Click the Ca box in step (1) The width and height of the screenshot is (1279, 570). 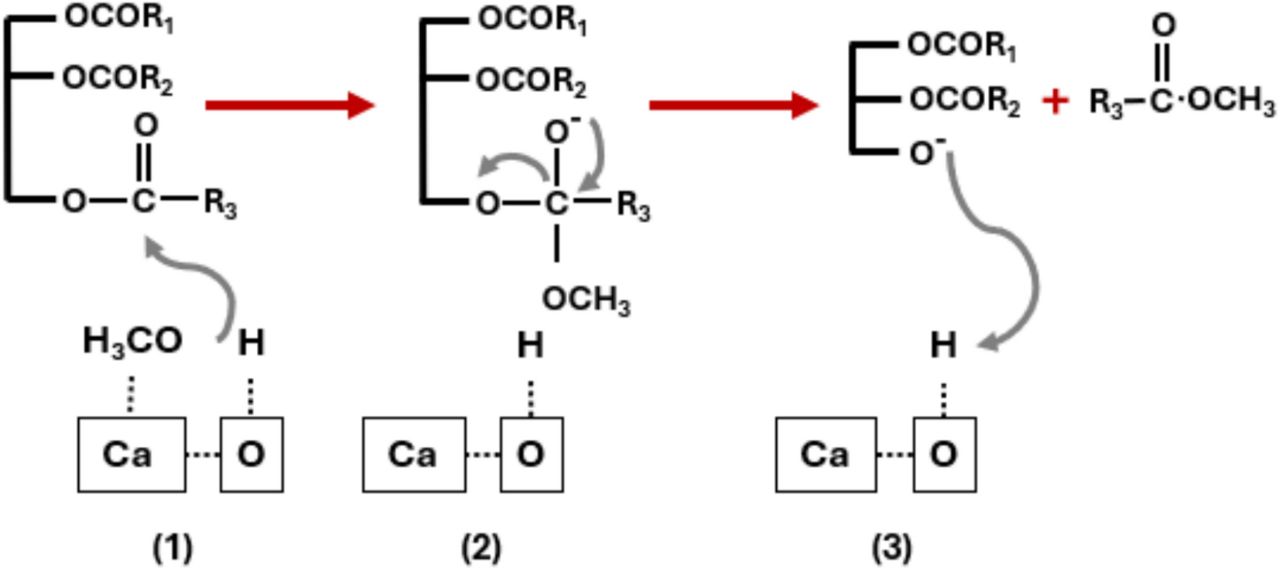click(x=132, y=454)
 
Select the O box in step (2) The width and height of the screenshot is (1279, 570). click(x=531, y=454)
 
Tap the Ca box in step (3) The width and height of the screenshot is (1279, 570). click(x=826, y=454)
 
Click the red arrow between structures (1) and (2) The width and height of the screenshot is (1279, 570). click(x=289, y=105)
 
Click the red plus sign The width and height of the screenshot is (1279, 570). click(x=1055, y=101)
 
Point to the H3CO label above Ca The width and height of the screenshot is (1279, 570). click(x=132, y=341)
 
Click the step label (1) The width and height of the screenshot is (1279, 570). click(x=172, y=548)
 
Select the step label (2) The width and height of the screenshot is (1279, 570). click(x=480, y=548)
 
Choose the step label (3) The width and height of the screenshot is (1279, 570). click(x=891, y=548)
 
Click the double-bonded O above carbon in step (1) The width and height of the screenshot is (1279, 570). click(x=145, y=125)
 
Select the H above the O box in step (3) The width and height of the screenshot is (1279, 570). click(x=942, y=345)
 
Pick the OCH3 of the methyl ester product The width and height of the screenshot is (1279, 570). click(x=1231, y=101)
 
